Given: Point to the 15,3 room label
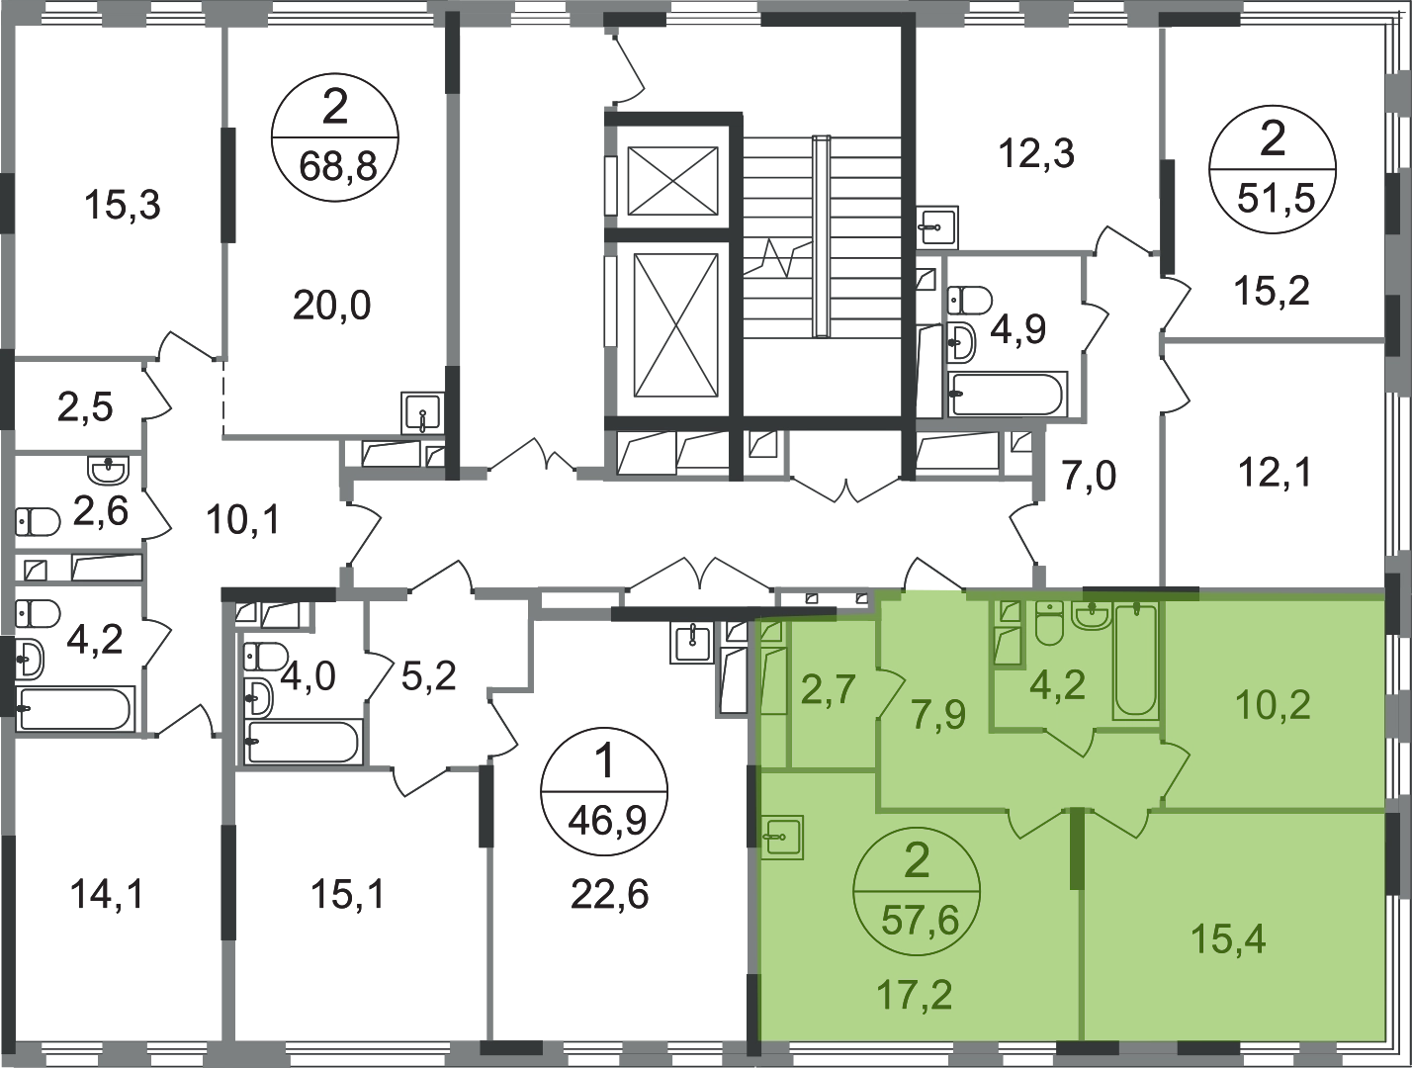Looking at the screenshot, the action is pos(123,206).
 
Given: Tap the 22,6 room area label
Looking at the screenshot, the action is pos(609,894).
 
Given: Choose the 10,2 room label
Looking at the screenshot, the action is pos(1273,706).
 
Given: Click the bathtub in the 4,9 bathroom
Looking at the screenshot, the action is pos(1008,394).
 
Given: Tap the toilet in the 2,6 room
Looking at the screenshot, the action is pos(37,522).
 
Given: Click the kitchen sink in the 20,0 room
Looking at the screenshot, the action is pos(422,413).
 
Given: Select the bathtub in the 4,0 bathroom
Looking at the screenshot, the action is pos(303,742).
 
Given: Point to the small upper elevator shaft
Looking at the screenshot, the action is pos(672,180).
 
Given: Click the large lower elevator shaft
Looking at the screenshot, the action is pos(674,325).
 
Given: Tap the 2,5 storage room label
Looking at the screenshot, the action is pos(85,407).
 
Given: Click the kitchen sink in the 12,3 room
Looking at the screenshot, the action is pos(937,225).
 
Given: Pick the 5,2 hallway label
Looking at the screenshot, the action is pos(428,676).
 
